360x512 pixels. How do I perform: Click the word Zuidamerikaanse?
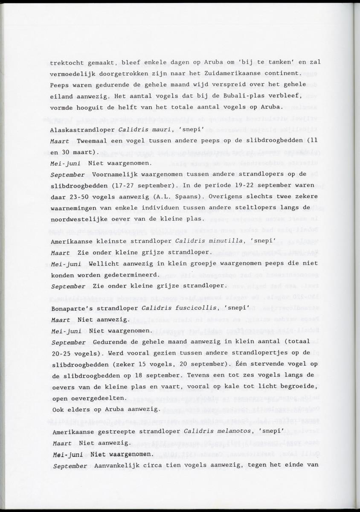tap(232, 73)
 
